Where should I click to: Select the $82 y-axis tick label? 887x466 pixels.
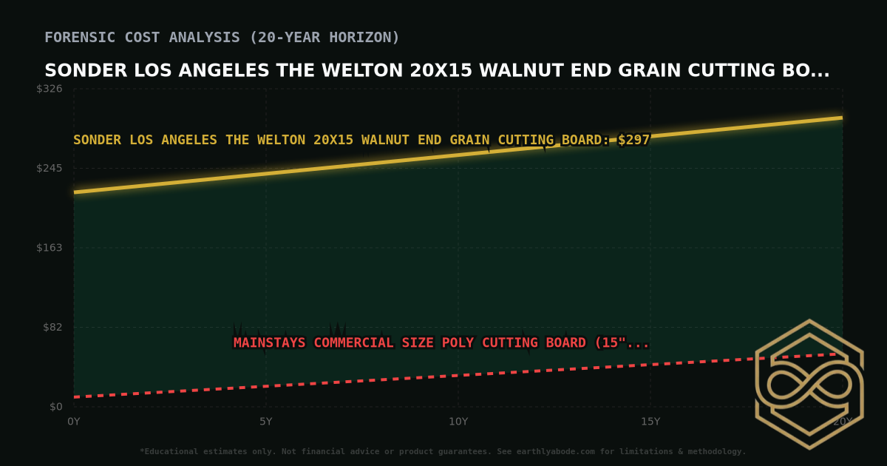click(53, 327)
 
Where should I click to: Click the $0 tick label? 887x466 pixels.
click(56, 407)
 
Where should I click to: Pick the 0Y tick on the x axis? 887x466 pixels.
click(74, 422)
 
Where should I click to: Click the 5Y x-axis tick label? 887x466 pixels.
click(266, 422)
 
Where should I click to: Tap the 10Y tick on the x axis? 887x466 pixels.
click(458, 422)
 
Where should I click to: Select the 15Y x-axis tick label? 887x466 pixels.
click(650, 422)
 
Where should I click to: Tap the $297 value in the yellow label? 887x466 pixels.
click(634, 140)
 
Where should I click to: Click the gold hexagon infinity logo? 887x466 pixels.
click(809, 385)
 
